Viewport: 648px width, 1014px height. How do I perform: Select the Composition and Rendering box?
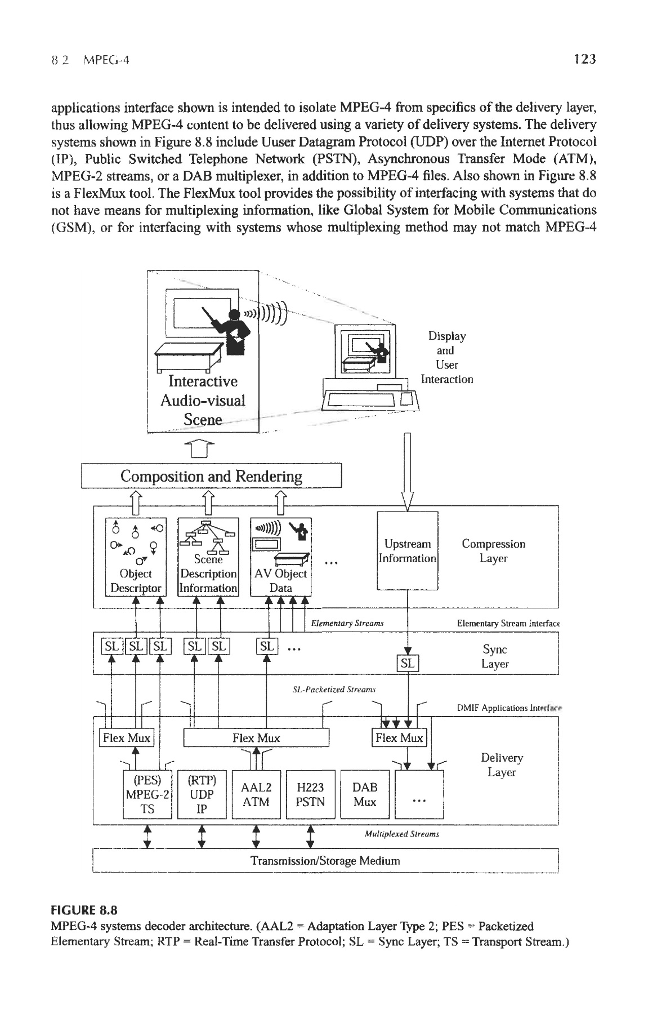click(212, 477)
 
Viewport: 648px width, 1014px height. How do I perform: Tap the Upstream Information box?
click(407, 551)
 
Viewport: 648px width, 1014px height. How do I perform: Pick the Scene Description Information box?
click(208, 556)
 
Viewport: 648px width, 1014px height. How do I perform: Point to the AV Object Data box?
click(280, 556)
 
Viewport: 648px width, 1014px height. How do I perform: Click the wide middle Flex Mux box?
click(257, 738)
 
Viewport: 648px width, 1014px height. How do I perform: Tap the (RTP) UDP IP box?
click(202, 794)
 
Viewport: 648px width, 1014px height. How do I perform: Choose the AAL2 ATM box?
click(256, 794)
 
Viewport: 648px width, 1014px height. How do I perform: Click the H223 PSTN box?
click(310, 794)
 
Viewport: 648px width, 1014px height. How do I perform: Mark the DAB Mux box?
click(365, 794)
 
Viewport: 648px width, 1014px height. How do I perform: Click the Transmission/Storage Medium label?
click(325, 861)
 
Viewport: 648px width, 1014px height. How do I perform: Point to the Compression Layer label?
click(493, 551)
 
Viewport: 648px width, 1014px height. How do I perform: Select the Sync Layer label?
click(495, 656)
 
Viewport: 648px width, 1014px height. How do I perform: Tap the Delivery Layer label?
click(502, 765)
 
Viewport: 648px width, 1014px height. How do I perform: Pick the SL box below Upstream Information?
click(406, 664)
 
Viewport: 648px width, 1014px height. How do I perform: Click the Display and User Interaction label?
click(447, 358)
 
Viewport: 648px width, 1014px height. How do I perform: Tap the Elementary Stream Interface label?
click(508, 624)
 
